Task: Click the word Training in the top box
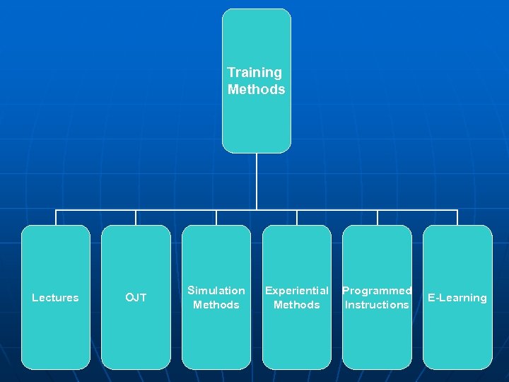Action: (x=255, y=73)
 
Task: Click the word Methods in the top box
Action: (x=257, y=90)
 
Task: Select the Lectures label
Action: (x=55, y=298)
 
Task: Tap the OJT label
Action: (x=136, y=298)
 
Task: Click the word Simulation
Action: (x=216, y=291)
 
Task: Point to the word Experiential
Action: (x=296, y=291)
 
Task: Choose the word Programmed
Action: (x=377, y=291)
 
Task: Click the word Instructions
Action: (x=377, y=305)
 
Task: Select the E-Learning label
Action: (x=457, y=298)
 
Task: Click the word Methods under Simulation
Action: (x=216, y=305)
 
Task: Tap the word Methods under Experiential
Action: (x=296, y=305)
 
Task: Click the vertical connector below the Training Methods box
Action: (x=257, y=181)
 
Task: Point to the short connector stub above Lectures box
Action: (x=56, y=217)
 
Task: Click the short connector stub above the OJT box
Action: (x=136, y=217)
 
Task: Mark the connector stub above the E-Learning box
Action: (x=457, y=217)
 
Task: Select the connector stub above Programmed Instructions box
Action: (x=378, y=217)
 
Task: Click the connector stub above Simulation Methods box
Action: (x=216, y=217)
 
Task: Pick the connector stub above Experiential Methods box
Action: (x=297, y=217)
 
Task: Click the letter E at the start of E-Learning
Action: (x=431, y=298)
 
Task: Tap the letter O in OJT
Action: (x=129, y=298)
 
